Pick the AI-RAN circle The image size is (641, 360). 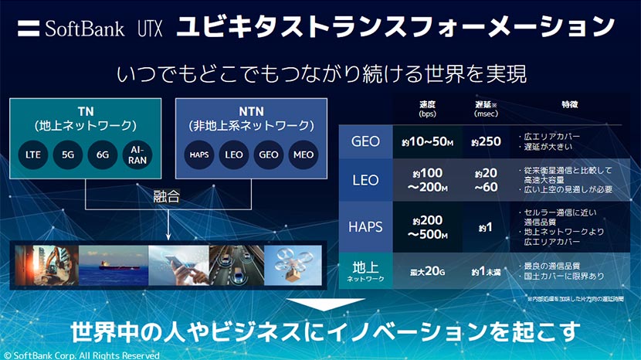137,155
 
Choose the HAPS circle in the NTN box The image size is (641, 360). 199,155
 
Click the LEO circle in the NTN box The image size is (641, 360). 232,155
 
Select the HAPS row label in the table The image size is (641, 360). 365,226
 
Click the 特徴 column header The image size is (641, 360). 570,104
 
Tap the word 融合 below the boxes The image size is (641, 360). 167,196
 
